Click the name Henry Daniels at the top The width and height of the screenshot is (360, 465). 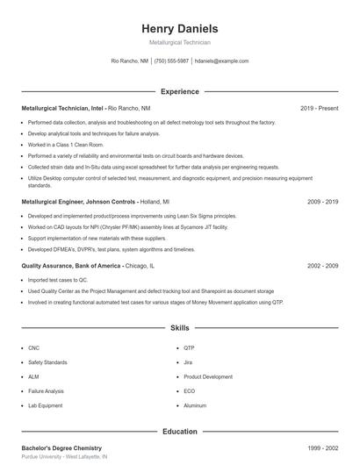coord(179,29)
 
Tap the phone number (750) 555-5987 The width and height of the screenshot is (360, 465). coord(171,61)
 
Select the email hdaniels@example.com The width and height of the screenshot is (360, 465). coord(221,61)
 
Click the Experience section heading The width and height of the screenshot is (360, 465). coord(179,91)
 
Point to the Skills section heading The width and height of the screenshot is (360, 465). coord(179,328)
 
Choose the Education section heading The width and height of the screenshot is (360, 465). coord(179,432)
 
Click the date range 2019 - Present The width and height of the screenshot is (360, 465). coord(319,108)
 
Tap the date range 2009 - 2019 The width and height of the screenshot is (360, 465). coord(322,201)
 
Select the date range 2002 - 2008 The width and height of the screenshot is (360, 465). coord(322,265)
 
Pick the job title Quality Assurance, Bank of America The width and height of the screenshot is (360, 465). coord(71,265)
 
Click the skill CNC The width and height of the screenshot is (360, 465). coord(33,347)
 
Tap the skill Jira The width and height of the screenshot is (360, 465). coord(188,362)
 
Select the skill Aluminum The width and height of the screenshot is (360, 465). coord(195,406)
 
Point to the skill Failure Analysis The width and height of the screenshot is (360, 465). coord(46,391)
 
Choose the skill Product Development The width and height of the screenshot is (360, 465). coord(208,376)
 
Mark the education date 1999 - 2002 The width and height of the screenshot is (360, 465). coord(322,448)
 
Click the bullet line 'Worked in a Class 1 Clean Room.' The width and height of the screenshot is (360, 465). coord(66,144)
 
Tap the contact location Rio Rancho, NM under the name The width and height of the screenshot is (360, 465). coord(129,61)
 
